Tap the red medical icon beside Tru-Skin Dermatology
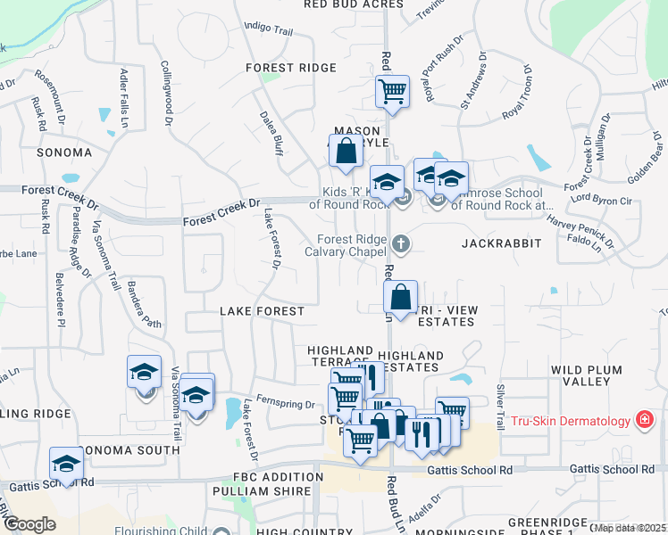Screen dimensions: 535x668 click(x=642, y=419)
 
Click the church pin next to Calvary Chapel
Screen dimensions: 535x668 click(x=402, y=242)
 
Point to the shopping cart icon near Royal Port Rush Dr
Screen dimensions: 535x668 click(x=392, y=91)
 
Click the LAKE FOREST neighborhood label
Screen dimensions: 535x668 click(x=262, y=311)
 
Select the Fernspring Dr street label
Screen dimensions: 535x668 click(x=285, y=404)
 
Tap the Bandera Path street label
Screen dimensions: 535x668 click(x=144, y=304)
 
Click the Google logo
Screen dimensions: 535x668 click(x=29, y=524)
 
